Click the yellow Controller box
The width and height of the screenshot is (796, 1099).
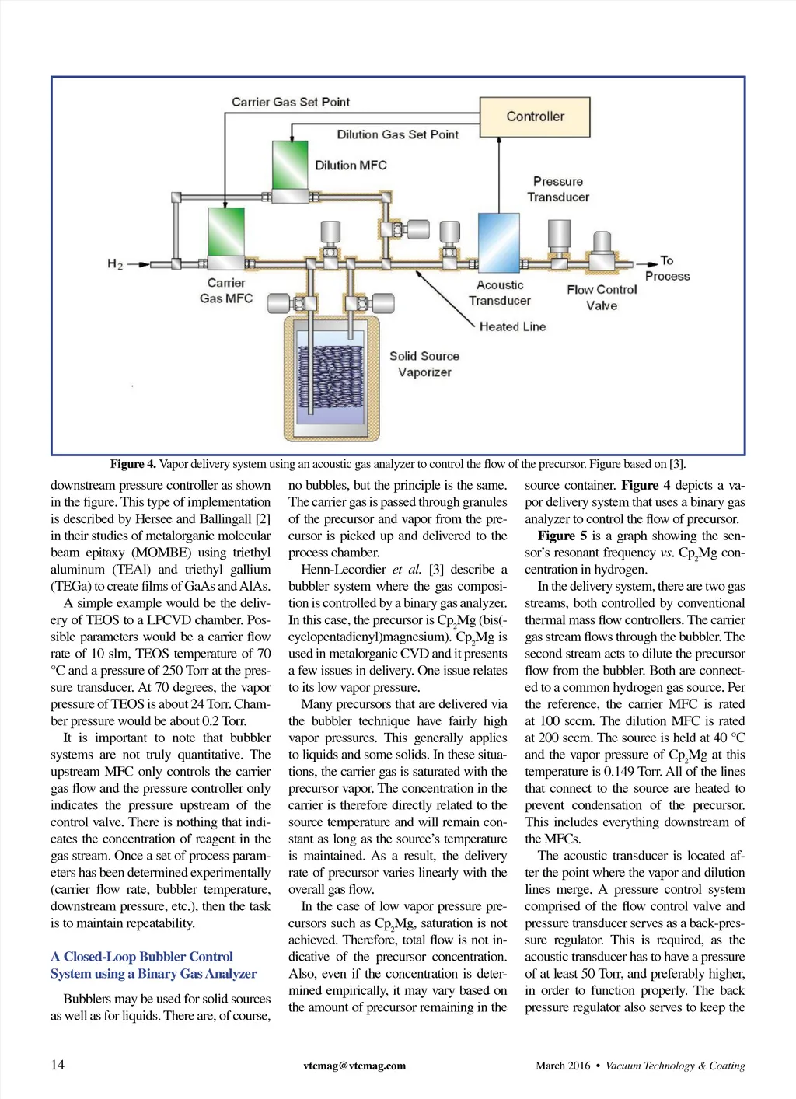click(x=535, y=117)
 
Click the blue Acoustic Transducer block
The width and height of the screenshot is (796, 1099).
click(x=498, y=242)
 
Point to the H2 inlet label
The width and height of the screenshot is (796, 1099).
click(x=115, y=264)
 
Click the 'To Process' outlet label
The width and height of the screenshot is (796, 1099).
click(x=667, y=268)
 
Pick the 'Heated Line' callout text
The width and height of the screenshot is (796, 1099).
click(x=512, y=327)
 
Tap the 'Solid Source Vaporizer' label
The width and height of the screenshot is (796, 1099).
click(x=424, y=364)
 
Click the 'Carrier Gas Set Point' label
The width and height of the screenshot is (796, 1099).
click(x=291, y=102)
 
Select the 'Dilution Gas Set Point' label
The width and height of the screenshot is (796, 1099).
click(x=397, y=134)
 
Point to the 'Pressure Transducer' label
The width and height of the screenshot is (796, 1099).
click(x=558, y=189)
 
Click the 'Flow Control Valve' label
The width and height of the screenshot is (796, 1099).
click(x=602, y=297)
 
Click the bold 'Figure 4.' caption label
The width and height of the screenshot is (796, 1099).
click(x=133, y=464)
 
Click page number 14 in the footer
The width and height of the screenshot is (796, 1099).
click(x=58, y=1065)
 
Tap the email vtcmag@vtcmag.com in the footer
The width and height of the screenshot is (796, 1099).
click(x=354, y=1066)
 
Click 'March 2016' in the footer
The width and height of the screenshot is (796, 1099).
click(x=563, y=1066)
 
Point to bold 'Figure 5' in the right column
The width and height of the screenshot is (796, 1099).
click(x=562, y=536)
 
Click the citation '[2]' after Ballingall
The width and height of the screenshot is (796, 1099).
click(x=263, y=518)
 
